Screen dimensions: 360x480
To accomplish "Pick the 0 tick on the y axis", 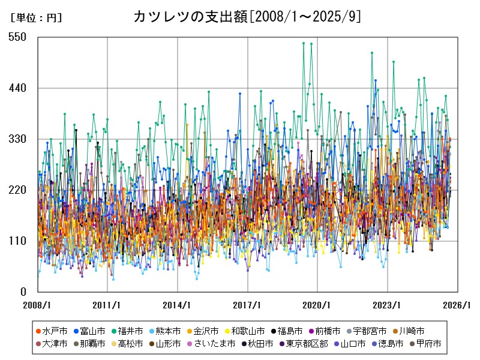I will click(23, 292).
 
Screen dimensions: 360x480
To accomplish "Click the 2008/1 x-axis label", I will click(37, 305).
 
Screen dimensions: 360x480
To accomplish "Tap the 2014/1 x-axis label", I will click(178, 305).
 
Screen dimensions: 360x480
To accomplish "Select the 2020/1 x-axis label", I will click(317, 305).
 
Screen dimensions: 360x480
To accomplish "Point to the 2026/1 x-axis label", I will click(458, 305).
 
